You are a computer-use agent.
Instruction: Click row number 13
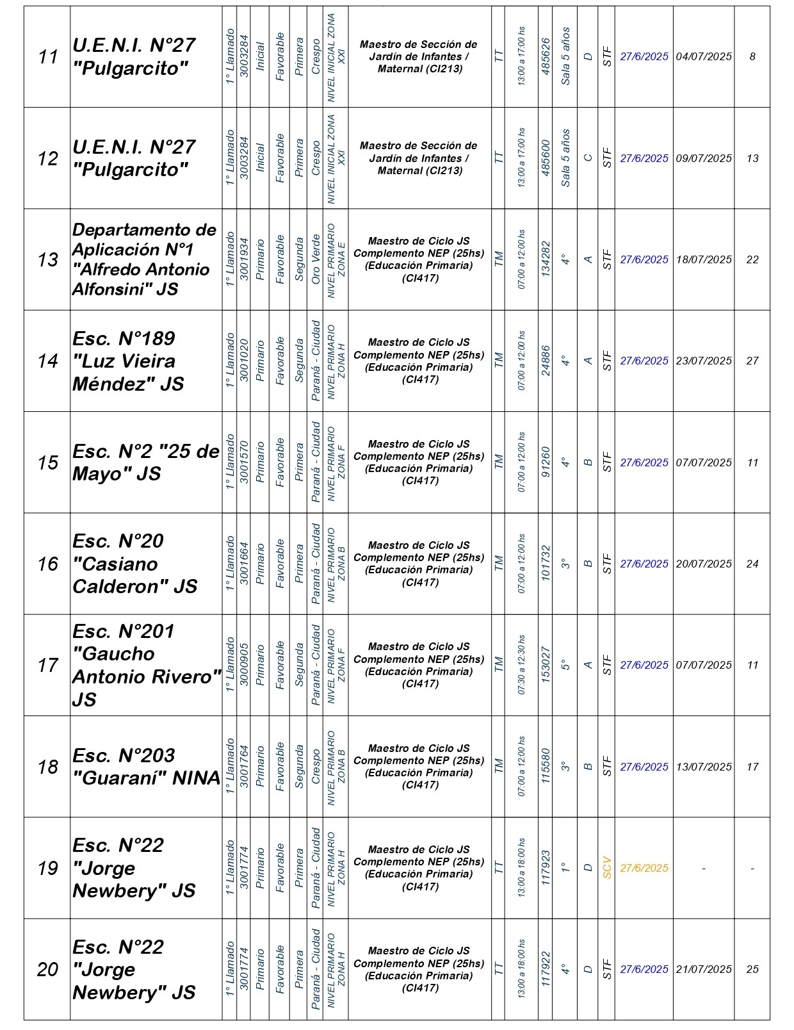(48, 259)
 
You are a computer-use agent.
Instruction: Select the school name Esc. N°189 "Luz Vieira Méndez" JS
(128, 361)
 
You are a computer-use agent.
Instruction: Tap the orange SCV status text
(606, 868)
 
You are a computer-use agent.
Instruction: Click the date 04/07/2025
(704, 56)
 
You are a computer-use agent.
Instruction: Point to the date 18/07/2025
(704, 259)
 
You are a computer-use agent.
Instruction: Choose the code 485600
(546, 158)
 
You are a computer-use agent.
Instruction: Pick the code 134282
(546, 259)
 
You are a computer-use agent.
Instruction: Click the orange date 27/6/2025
(644, 868)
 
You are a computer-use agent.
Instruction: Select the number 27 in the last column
(752, 361)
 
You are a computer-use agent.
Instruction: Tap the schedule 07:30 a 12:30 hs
(522, 665)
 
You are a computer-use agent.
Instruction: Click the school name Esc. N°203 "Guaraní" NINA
(146, 767)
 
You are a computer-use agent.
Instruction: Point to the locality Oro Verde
(316, 259)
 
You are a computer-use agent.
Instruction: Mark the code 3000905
(244, 665)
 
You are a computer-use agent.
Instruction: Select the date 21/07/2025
(704, 969)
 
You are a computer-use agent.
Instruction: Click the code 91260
(546, 462)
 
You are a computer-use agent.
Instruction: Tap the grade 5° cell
(565, 665)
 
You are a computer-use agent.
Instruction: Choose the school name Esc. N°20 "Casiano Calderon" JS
(134, 564)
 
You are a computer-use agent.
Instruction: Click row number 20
(48, 969)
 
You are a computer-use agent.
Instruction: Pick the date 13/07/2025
(704, 767)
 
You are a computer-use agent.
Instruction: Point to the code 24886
(546, 361)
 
